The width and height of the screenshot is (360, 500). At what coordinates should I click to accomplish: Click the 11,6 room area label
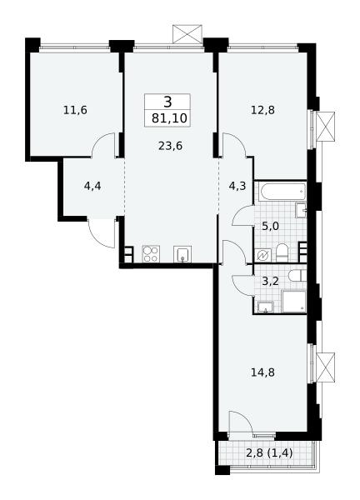[75, 111]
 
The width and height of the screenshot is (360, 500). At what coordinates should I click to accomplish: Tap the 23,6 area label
[170, 147]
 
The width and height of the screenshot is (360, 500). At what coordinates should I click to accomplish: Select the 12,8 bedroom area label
[262, 110]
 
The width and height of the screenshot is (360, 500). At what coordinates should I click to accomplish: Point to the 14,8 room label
[262, 372]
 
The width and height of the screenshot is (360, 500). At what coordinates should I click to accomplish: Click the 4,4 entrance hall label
[92, 186]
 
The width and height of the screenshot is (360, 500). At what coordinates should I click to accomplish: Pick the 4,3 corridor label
[237, 186]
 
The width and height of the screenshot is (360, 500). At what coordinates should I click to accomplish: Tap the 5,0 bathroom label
[270, 227]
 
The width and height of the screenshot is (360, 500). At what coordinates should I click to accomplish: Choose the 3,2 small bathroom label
[270, 282]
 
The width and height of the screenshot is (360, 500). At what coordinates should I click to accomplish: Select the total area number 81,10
[169, 118]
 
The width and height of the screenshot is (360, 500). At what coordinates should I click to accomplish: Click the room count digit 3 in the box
[167, 102]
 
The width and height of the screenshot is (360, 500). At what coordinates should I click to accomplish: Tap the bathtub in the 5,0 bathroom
[282, 192]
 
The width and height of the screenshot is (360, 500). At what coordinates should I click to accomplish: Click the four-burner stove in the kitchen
[151, 254]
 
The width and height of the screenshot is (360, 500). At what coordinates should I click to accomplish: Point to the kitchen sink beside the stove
[182, 254]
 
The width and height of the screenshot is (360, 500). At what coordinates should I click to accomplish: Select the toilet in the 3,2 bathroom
[297, 276]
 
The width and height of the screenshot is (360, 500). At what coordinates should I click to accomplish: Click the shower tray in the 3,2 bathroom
[294, 302]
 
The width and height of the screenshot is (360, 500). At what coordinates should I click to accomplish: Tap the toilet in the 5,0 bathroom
[282, 253]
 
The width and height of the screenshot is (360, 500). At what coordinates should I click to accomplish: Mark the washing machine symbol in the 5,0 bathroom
[263, 255]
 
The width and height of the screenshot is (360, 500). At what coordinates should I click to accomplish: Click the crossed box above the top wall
[187, 34]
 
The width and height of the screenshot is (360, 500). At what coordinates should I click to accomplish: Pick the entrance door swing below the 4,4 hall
[102, 233]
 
